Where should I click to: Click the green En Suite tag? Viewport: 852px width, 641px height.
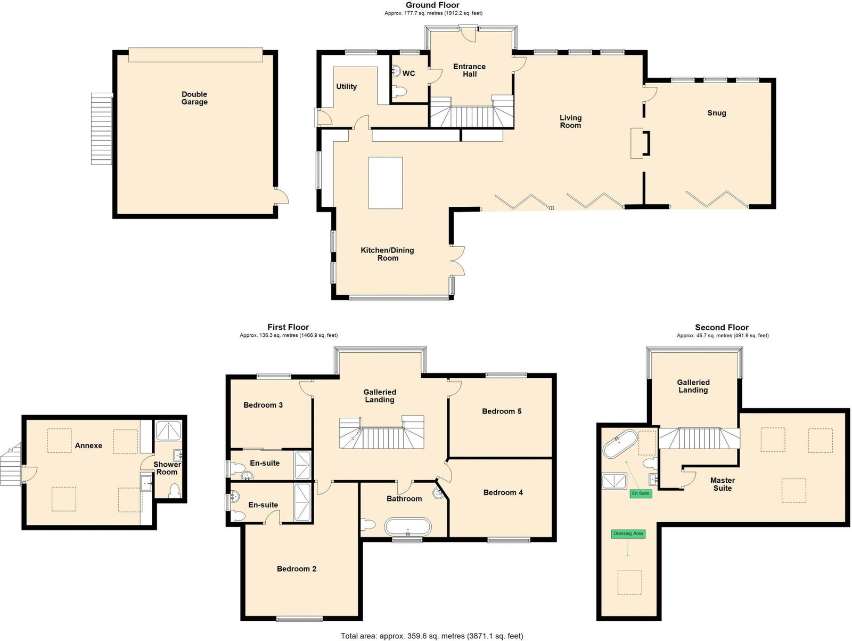pyautogui.click(x=641, y=493)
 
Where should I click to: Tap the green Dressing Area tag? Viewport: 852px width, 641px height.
pyautogui.click(x=628, y=533)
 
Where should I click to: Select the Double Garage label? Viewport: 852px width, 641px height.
pyautogui.click(x=194, y=98)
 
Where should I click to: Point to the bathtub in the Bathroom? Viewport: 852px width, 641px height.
pyautogui.click(x=407, y=528)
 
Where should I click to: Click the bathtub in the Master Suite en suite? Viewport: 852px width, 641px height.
pyautogui.click(x=620, y=443)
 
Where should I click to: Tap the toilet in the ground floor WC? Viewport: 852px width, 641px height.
pyautogui.click(x=399, y=92)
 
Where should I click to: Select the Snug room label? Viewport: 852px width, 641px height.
pyautogui.click(x=717, y=113)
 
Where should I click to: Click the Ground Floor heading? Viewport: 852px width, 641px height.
pyautogui.click(x=432, y=5)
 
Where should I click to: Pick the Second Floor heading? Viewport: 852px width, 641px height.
pyautogui.click(x=722, y=327)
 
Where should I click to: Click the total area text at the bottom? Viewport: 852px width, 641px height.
pyautogui.click(x=432, y=636)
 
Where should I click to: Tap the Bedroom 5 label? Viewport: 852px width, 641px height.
pyautogui.click(x=502, y=411)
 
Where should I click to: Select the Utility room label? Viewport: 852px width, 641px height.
pyautogui.click(x=346, y=86)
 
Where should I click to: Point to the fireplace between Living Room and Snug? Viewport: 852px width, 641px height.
pyautogui.click(x=640, y=143)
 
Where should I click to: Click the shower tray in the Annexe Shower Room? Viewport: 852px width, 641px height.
pyautogui.click(x=168, y=431)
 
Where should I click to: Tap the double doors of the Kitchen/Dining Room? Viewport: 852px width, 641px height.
pyautogui.click(x=458, y=261)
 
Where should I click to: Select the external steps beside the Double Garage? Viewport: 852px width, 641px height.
pyautogui.click(x=102, y=128)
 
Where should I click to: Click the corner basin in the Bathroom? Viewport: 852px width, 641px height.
pyautogui.click(x=438, y=493)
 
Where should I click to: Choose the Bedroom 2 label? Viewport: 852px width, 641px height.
pyautogui.click(x=297, y=569)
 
